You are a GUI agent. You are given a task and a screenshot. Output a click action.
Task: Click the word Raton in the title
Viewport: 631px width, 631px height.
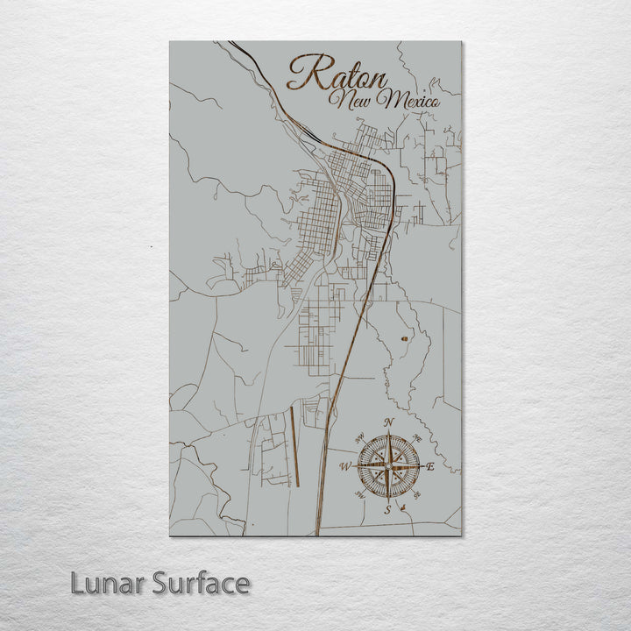coord(337,73)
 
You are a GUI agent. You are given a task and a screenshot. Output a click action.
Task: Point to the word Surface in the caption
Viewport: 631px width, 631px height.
coord(201,583)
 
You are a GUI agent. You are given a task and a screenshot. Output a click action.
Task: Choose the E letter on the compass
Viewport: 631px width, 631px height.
coord(430,467)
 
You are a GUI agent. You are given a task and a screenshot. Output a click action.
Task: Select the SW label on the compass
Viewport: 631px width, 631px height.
coord(359,496)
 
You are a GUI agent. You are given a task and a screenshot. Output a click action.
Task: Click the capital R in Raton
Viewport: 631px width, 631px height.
coord(302,73)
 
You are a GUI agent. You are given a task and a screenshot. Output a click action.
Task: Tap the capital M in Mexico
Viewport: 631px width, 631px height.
coord(382,102)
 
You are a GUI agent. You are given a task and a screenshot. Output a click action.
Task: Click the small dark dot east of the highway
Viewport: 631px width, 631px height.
coord(404,337)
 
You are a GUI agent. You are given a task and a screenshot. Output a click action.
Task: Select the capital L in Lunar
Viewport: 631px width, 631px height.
coord(80,583)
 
